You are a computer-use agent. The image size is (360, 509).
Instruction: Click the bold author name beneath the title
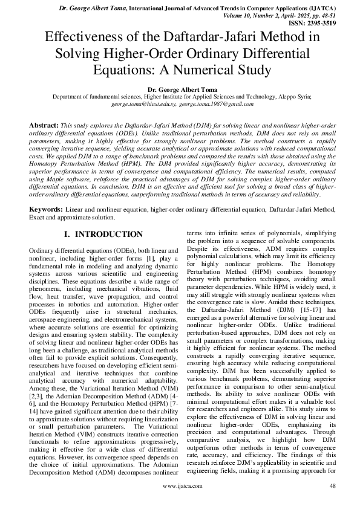point(180,89)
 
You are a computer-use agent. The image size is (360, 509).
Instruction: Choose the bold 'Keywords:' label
point(48,209)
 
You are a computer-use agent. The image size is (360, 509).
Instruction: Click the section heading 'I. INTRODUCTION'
point(103,234)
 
